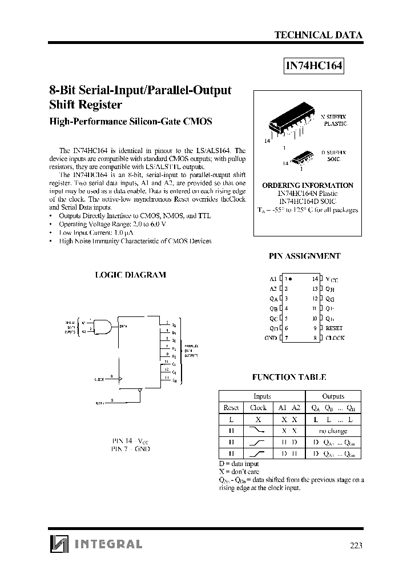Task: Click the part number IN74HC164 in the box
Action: [x=314, y=66]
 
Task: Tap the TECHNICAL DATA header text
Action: [x=319, y=35]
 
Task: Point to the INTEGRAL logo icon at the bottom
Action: [x=59, y=544]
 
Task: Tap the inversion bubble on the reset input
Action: [x=140, y=391]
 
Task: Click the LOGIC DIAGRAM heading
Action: [x=130, y=275]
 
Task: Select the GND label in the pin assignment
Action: [x=271, y=338]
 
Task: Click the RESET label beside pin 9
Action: [x=334, y=328]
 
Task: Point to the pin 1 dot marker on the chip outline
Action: [x=291, y=279]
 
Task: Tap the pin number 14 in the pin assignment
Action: [x=315, y=279]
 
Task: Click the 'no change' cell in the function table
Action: [x=333, y=430]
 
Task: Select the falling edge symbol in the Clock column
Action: [x=259, y=430]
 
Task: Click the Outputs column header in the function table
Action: [x=333, y=396]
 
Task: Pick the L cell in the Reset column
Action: [x=231, y=419]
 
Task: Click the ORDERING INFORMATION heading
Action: [x=308, y=186]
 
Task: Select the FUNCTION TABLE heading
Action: [x=289, y=377]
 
